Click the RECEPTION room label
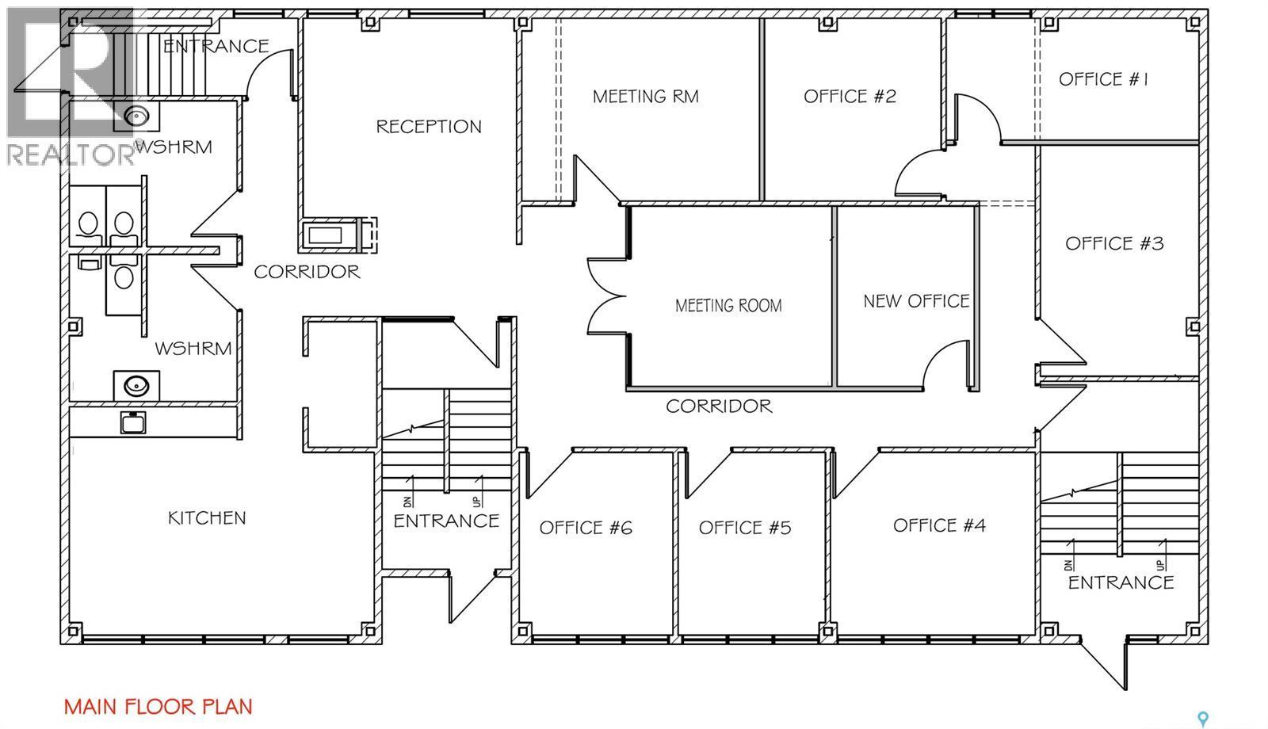(x=429, y=126)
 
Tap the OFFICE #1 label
(x=1103, y=79)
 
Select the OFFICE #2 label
(x=850, y=96)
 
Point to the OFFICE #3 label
(x=1114, y=243)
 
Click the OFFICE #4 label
(x=939, y=525)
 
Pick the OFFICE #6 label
(x=586, y=528)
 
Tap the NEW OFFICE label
(x=916, y=300)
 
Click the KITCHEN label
(x=207, y=518)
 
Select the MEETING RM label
(x=645, y=96)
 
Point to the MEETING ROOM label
(x=728, y=306)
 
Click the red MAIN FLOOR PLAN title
(x=158, y=706)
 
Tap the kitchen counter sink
(x=133, y=422)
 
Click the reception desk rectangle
(x=325, y=235)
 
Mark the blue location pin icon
(x=1203, y=718)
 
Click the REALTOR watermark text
(x=71, y=154)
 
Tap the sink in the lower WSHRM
(x=136, y=385)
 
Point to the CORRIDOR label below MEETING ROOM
(x=719, y=406)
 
